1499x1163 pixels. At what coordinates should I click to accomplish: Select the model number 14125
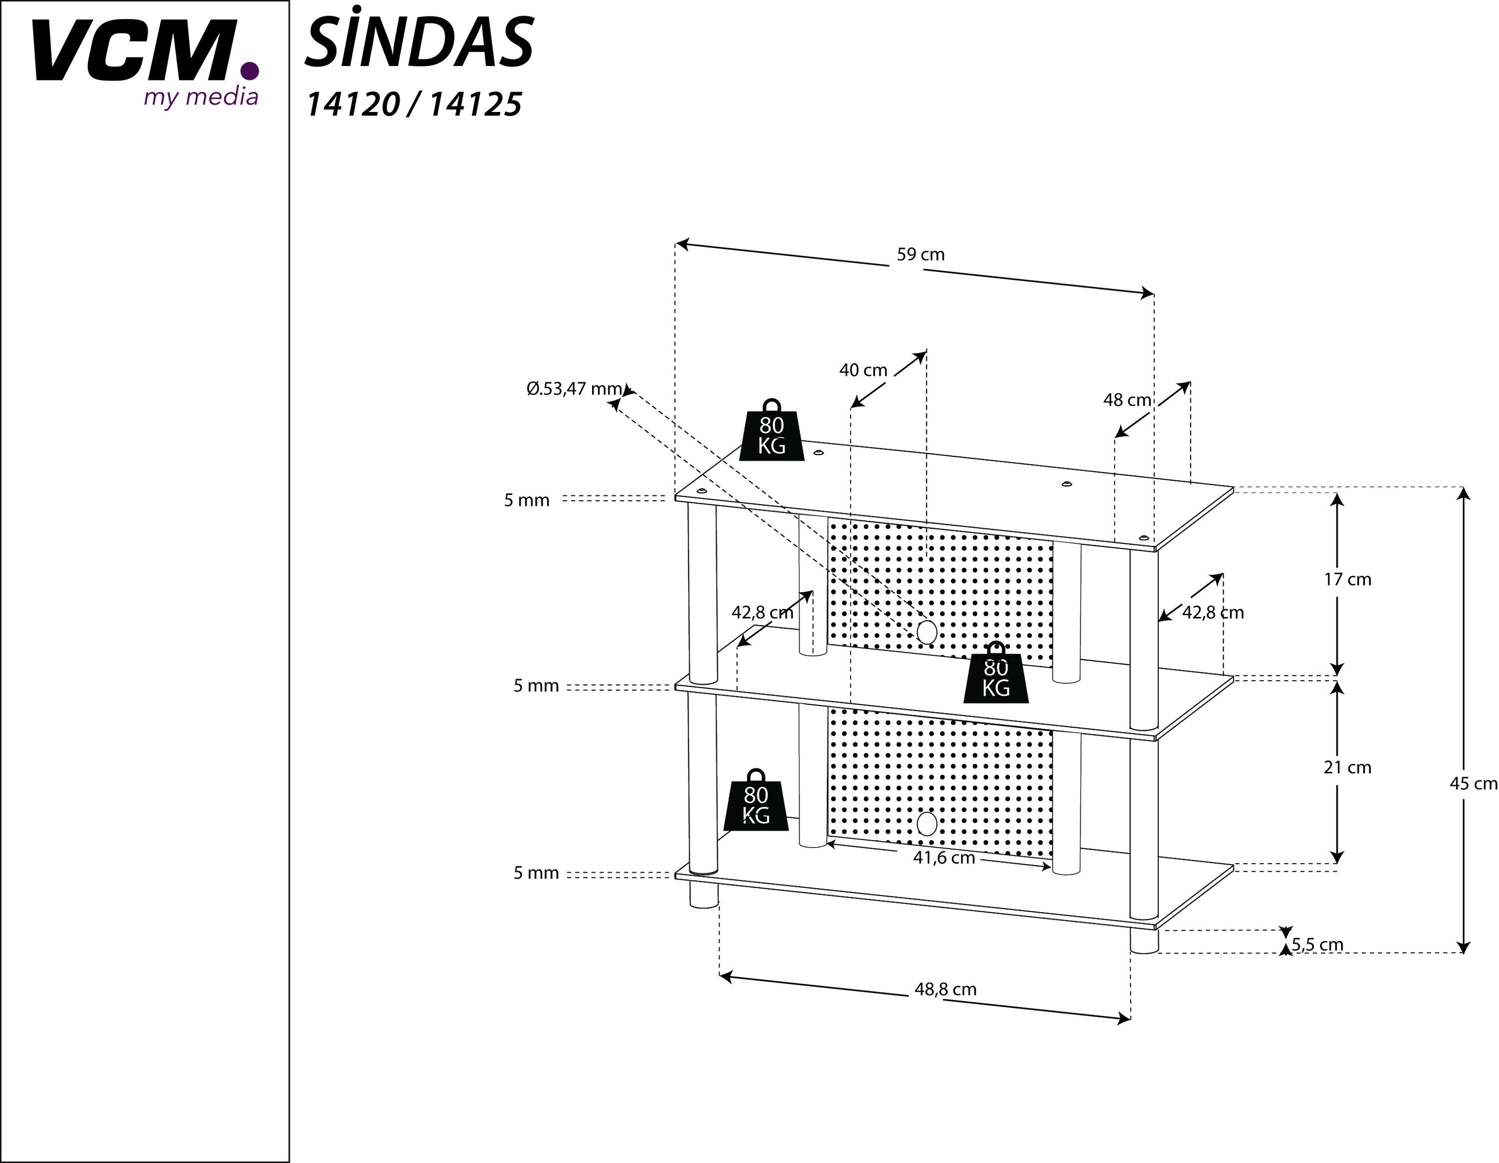pyautogui.click(x=476, y=105)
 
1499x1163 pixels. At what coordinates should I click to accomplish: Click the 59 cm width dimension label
pyautogui.click(x=920, y=255)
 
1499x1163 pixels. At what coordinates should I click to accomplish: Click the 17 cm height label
pyautogui.click(x=1347, y=579)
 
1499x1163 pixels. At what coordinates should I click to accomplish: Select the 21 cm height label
pyautogui.click(x=1347, y=768)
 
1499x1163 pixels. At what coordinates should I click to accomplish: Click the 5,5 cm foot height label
pyautogui.click(x=1317, y=945)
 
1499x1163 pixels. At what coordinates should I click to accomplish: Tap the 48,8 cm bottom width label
pyautogui.click(x=944, y=989)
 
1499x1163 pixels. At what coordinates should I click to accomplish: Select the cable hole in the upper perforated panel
pyautogui.click(x=926, y=632)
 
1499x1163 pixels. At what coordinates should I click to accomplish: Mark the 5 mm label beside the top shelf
pyautogui.click(x=527, y=500)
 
